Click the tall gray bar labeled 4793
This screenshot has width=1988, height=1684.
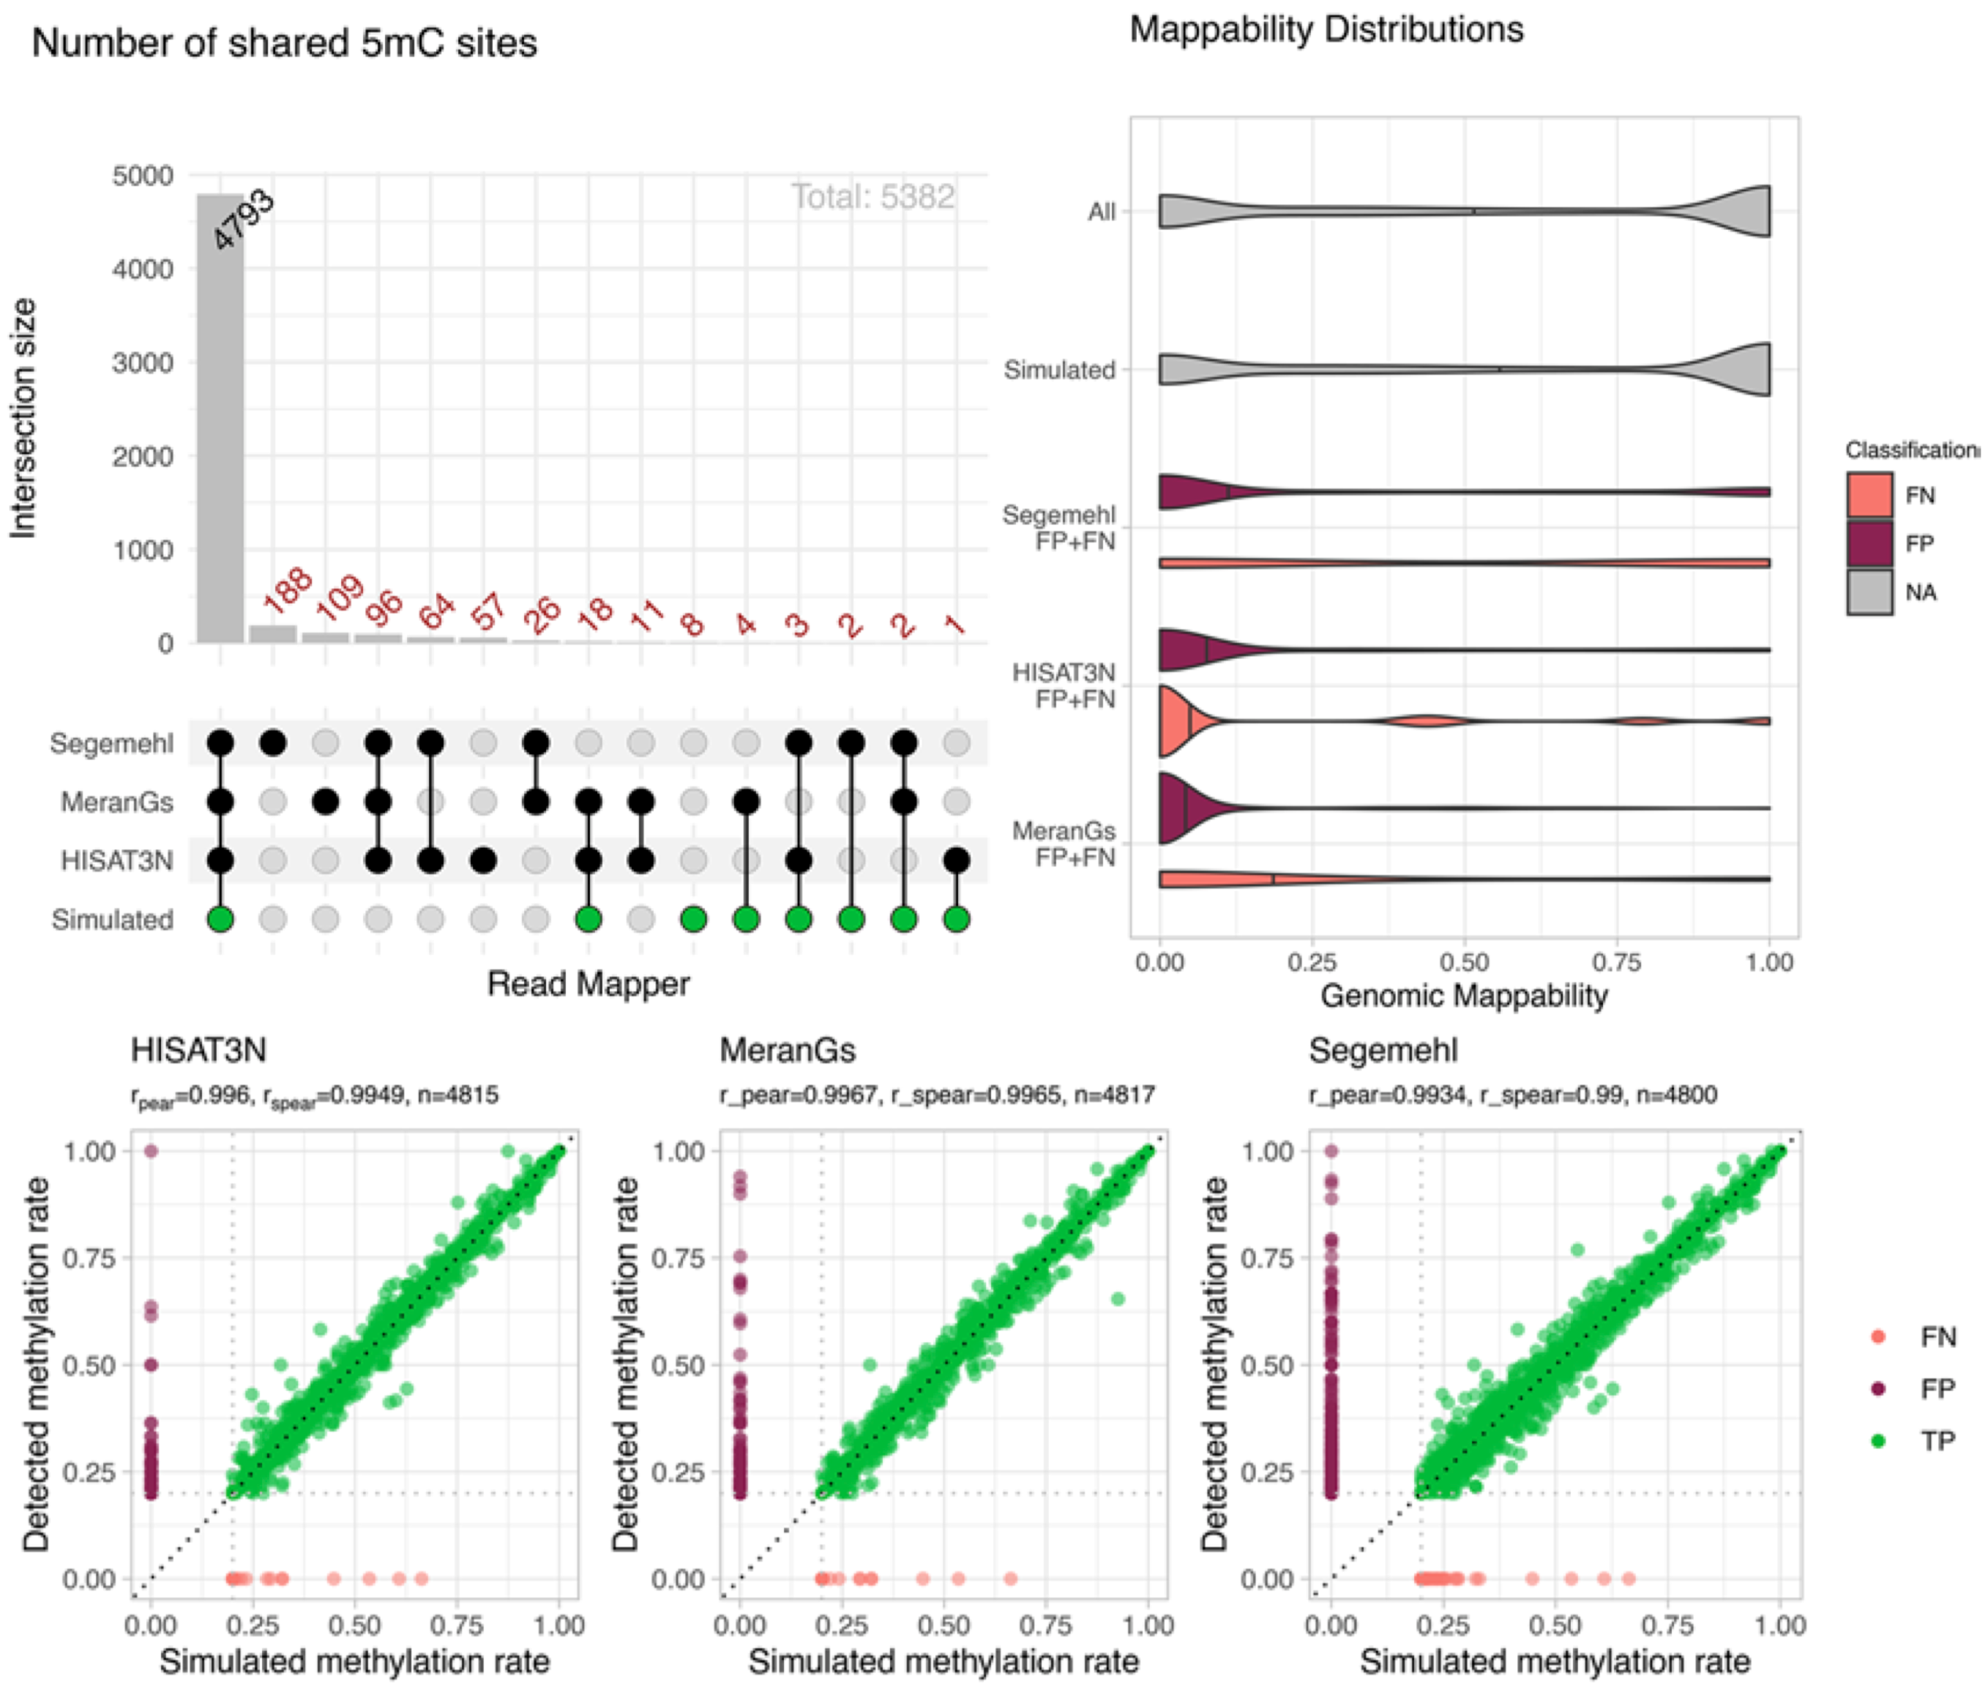220,420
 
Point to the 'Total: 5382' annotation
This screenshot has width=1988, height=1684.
872,197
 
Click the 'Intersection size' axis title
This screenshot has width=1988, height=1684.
23,418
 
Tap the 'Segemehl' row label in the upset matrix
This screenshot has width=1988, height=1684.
112,742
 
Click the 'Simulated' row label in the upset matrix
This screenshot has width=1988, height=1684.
112,920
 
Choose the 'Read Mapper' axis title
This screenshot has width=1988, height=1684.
588,983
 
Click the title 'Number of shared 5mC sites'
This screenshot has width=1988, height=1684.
285,43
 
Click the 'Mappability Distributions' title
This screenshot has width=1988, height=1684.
1326,29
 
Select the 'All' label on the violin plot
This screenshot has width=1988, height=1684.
1102,211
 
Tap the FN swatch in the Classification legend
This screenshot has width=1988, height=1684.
1869,494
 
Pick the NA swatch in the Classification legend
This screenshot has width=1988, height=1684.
1869,592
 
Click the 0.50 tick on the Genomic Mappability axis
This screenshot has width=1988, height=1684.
1465,961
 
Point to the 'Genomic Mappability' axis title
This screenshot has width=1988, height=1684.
1464,996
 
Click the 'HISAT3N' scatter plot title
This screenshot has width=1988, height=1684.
198,1050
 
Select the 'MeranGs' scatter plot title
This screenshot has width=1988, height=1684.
788,1050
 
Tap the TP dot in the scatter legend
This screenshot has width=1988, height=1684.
1878,1441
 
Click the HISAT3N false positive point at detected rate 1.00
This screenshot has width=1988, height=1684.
151,1150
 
